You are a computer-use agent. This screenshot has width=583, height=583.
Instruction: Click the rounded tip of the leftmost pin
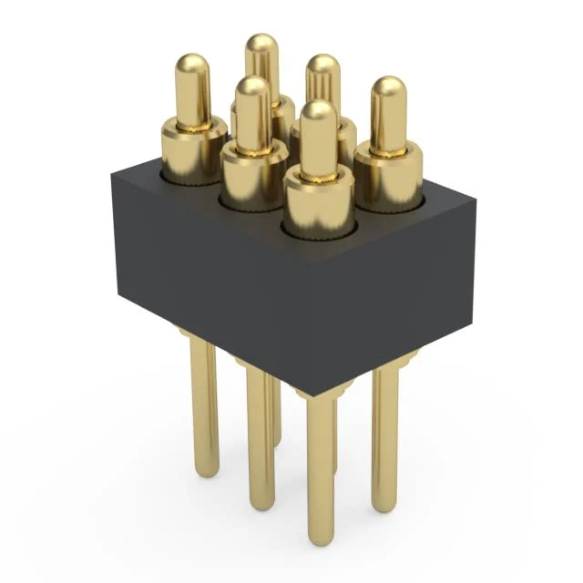click(193, 65)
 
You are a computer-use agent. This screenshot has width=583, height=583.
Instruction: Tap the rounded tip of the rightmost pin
click(389, 88)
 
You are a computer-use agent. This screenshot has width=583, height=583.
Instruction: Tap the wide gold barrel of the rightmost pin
click(388, 179)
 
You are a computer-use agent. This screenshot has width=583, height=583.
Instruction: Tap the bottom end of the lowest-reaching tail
click(320, 536)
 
